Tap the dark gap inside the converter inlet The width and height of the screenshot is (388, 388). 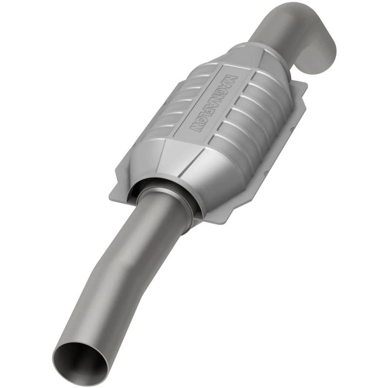[x=145, y=187]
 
